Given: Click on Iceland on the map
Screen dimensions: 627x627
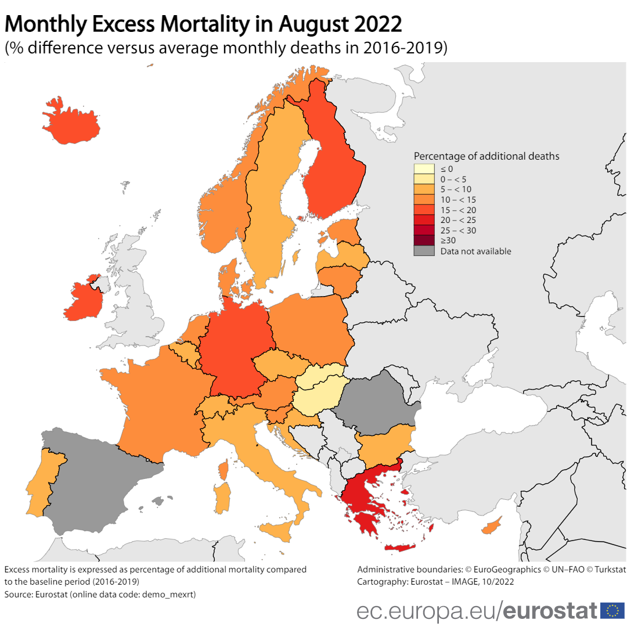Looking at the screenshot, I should pyautogui.click(x=73, y=123).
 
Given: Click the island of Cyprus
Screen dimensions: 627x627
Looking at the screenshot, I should pyautogui.click(x=491, y=527).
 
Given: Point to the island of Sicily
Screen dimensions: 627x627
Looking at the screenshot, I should pyautogui.click(x=276, y=531).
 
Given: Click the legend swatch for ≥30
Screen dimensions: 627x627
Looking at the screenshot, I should pyautogui.click(x=424, y=240).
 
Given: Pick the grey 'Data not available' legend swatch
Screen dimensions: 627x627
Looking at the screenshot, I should pyautogui.click(x=424, y=251).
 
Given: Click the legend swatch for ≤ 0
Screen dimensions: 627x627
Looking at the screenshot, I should pyautogui.click(x=424, y=168).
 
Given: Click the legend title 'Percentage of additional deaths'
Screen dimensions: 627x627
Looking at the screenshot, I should pyautogui.click(x=487, y=156).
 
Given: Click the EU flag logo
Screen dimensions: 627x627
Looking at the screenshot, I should pyautogui.click(x=612, y=610).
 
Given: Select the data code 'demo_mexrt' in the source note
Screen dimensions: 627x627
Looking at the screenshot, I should pyautogui.click(x=173, y=594).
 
